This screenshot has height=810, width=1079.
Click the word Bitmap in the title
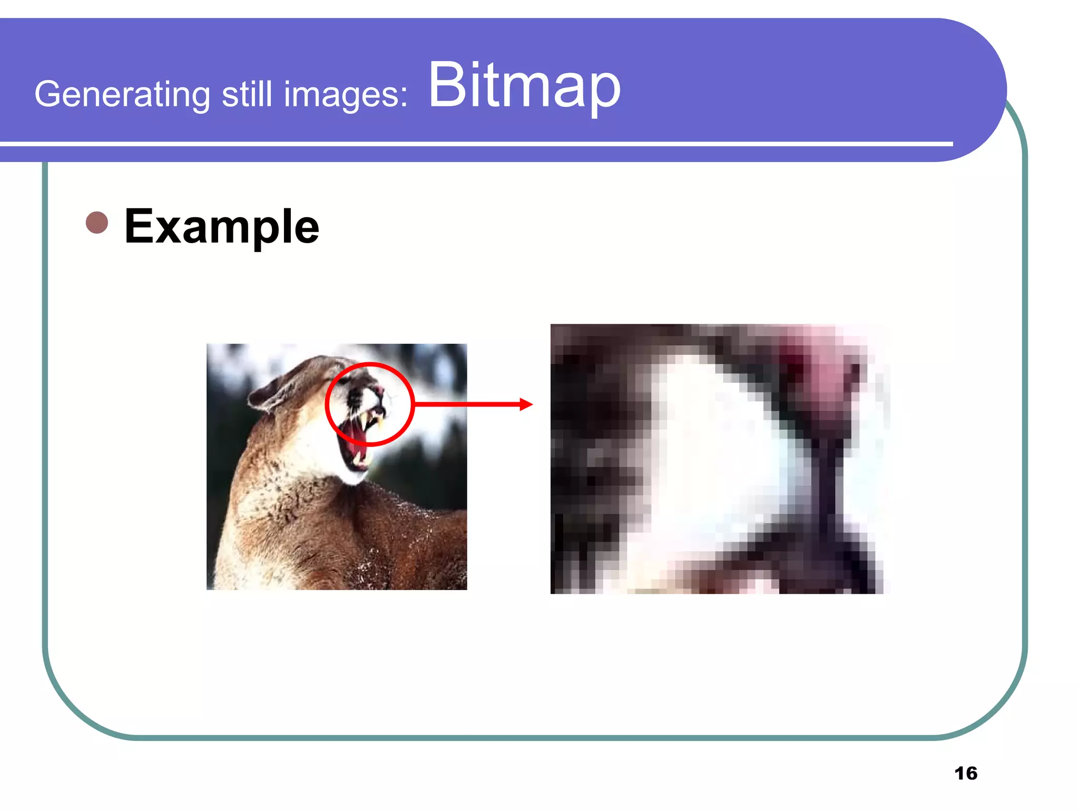pos(524,85)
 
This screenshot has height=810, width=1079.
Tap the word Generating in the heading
pos(122,94)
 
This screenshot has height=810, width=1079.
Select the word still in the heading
pos(247,94)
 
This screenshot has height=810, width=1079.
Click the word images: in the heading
pos(346,94)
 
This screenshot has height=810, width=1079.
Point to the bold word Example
pos(221,226)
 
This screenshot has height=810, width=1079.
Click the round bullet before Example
pos(97,223)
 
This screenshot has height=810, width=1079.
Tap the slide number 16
pos(965,773)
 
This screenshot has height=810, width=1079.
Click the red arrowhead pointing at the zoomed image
pos(526,404)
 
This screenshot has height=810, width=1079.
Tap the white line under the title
pos(474,143)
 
